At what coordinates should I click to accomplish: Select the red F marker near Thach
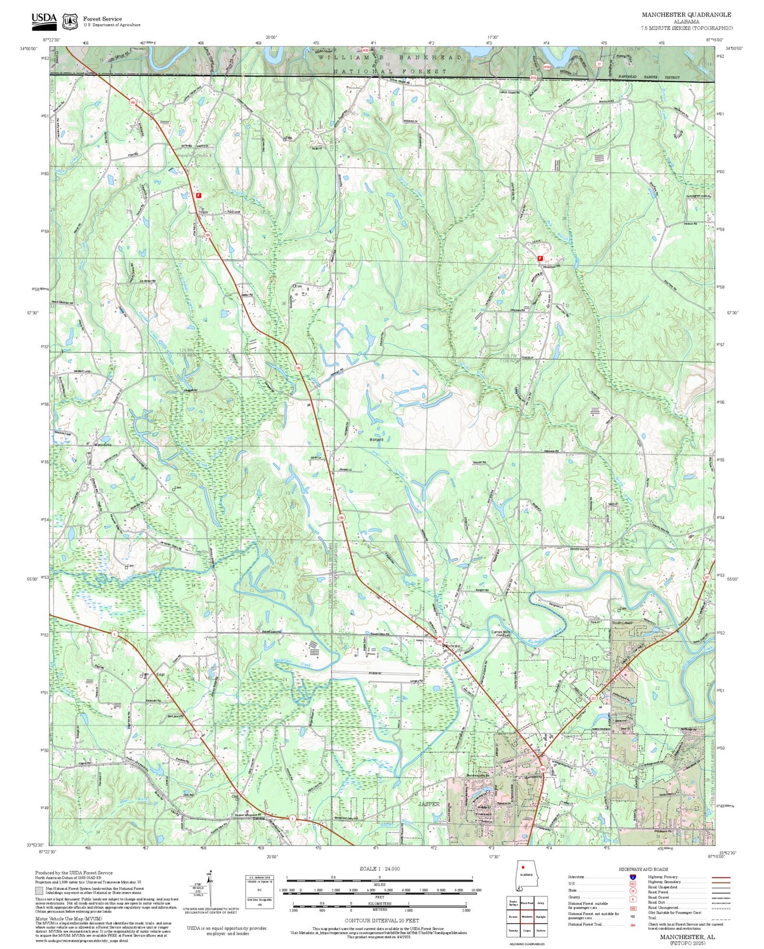pyautogui.click(x=199, y=195)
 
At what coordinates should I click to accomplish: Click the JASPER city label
pyautogui.click(x=429, y=804)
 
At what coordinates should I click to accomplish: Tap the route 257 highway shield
pyautogui.click(x=594, y=698)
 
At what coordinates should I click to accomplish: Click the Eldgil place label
pyautogui.click(x=161, y=674)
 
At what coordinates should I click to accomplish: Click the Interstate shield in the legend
pyautogui.click(x=632, y=877)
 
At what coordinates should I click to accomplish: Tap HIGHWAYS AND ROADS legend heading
pyautogui.click(x=643, y=869)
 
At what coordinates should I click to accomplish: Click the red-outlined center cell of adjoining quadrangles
pyautogui.click(x=526, y=916)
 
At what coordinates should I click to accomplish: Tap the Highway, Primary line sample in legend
pyautogui.click(x=720, y=877)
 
